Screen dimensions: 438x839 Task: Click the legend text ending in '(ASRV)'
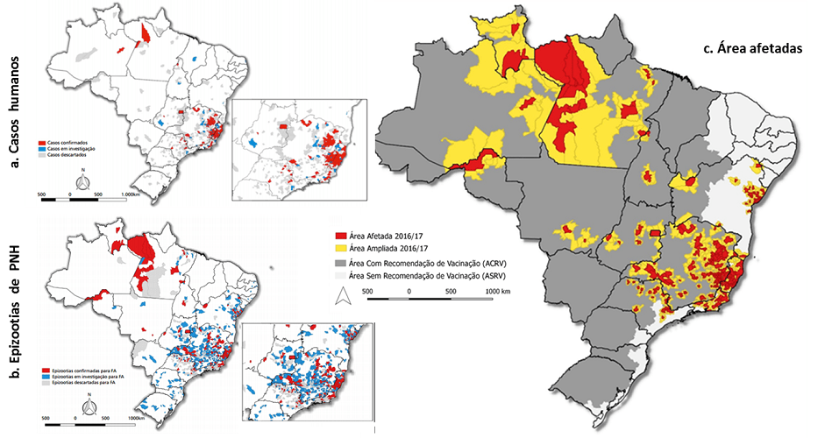(x=425, y=277)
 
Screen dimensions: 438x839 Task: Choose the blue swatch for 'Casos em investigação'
(x=41, y=148)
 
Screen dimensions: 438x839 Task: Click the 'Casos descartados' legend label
(x=67, y=155)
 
